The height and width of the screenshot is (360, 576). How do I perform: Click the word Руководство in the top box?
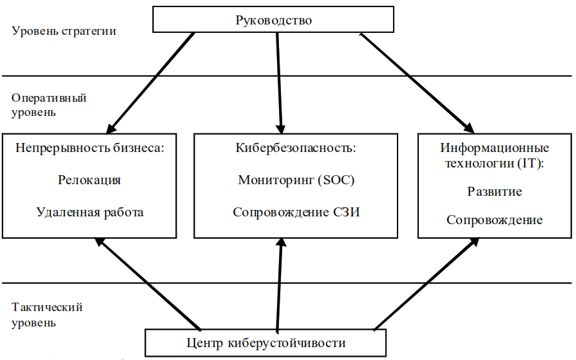tap(273, 20)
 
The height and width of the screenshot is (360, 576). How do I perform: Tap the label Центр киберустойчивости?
tap(266, 343)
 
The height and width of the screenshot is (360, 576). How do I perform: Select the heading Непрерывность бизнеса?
tap(90, 147)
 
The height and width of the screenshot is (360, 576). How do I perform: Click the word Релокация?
tap(90, 180)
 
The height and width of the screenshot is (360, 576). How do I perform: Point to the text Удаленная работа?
tap(90, 213)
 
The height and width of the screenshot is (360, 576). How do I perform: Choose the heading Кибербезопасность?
tap(296, 147)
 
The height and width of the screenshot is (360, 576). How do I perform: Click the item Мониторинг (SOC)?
tap(296, 180)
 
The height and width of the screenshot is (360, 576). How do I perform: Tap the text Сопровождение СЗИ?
tap(296, 213)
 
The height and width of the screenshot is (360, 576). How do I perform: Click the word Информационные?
tap(494, 147)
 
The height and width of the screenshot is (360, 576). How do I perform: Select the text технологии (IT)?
tap(494, 163)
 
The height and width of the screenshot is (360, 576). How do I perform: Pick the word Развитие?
tap(494, 191)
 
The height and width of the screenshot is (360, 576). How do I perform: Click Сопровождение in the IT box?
tap(494, 220)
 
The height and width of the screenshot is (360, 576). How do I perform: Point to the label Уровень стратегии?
tap(64, 31)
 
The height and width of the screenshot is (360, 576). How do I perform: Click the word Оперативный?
tap(49, 98)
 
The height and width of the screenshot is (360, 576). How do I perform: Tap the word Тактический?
tap(47, 307)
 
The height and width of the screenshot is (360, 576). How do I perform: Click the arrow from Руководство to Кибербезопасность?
tap(279, 83)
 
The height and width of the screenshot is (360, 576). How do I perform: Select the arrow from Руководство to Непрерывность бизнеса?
tap(150, 83)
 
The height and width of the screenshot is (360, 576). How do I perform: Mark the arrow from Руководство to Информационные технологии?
tap(417, 83)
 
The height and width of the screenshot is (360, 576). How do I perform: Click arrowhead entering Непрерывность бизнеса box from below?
tap(100, 242)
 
